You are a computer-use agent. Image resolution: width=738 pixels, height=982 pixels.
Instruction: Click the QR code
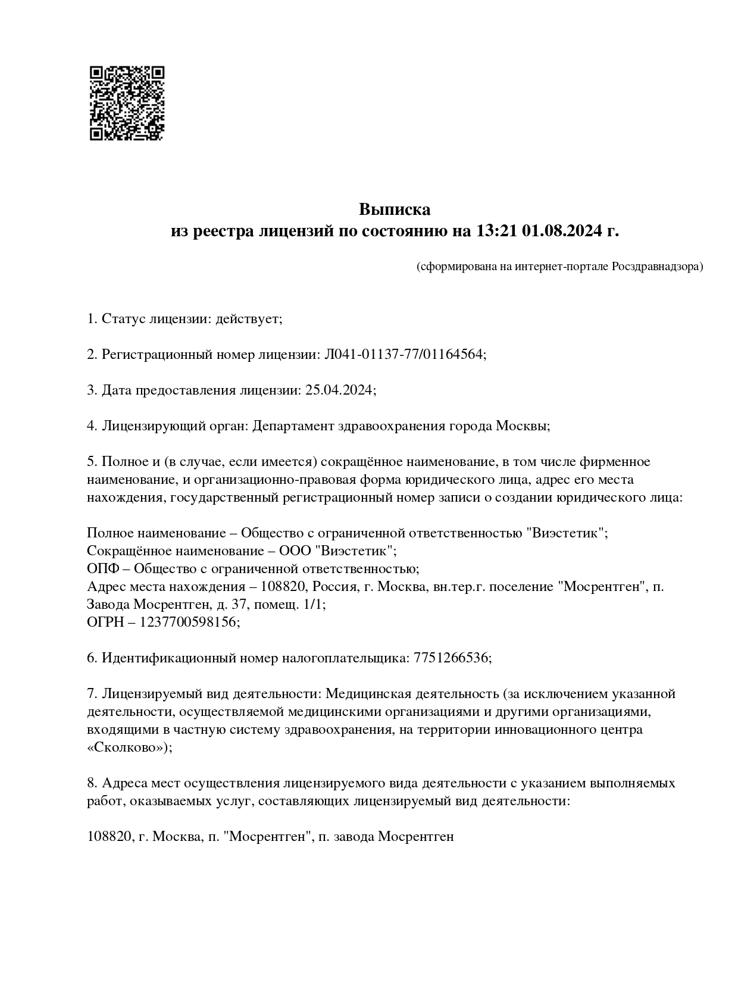point(127,103)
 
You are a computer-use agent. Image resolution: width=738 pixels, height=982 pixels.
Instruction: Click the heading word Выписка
point(394,209)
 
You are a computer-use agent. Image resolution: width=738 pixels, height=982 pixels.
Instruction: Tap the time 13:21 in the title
point(496,231)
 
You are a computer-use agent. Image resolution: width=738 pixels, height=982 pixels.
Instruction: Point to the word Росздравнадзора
point(656,266)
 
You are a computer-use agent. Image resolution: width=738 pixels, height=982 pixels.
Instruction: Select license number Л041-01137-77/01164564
point(403,355)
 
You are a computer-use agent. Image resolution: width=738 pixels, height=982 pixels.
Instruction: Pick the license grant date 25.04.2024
point(339,390)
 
